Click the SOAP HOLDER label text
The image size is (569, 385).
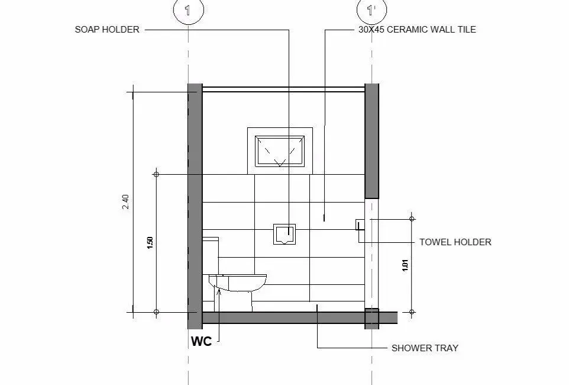click(107, 29)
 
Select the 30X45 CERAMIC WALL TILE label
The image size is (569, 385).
click(417, 29)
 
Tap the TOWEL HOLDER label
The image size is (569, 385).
click(455, 242)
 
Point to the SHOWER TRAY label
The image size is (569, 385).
click(425, 348)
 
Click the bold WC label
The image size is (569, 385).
click(201, 341)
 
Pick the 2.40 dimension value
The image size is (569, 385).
click(125, 202)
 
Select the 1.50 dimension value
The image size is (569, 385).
click(150, 243)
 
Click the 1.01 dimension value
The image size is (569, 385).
click(405, 265)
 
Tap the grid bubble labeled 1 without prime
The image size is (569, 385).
click(188, 9)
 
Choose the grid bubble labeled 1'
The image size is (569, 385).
click(371, 9)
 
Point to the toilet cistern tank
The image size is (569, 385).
click(211, 255)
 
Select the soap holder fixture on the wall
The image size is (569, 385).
click(284, 234)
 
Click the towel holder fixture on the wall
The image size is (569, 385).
click(359, 224)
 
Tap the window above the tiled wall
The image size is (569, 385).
click(280, 150)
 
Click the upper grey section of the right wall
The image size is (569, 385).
click(371, 140)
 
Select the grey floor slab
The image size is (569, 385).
click(284, 318)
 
